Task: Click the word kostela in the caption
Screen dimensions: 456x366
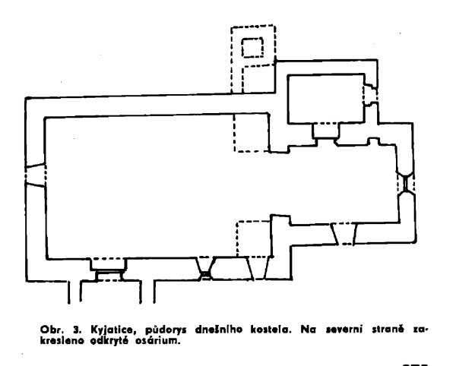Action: click(x=271, y=330)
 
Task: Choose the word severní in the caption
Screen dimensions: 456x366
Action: click(x=344, y=330)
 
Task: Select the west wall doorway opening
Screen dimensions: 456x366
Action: click(x=36, y=175)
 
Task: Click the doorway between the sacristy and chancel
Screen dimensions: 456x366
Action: click(x=326, y=131)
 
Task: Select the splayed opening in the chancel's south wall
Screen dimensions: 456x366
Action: click(x=344, y=234)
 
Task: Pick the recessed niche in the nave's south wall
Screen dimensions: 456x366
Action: click(x=109, y=264)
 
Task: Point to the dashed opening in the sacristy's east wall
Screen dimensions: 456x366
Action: click(x=371, y=95)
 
